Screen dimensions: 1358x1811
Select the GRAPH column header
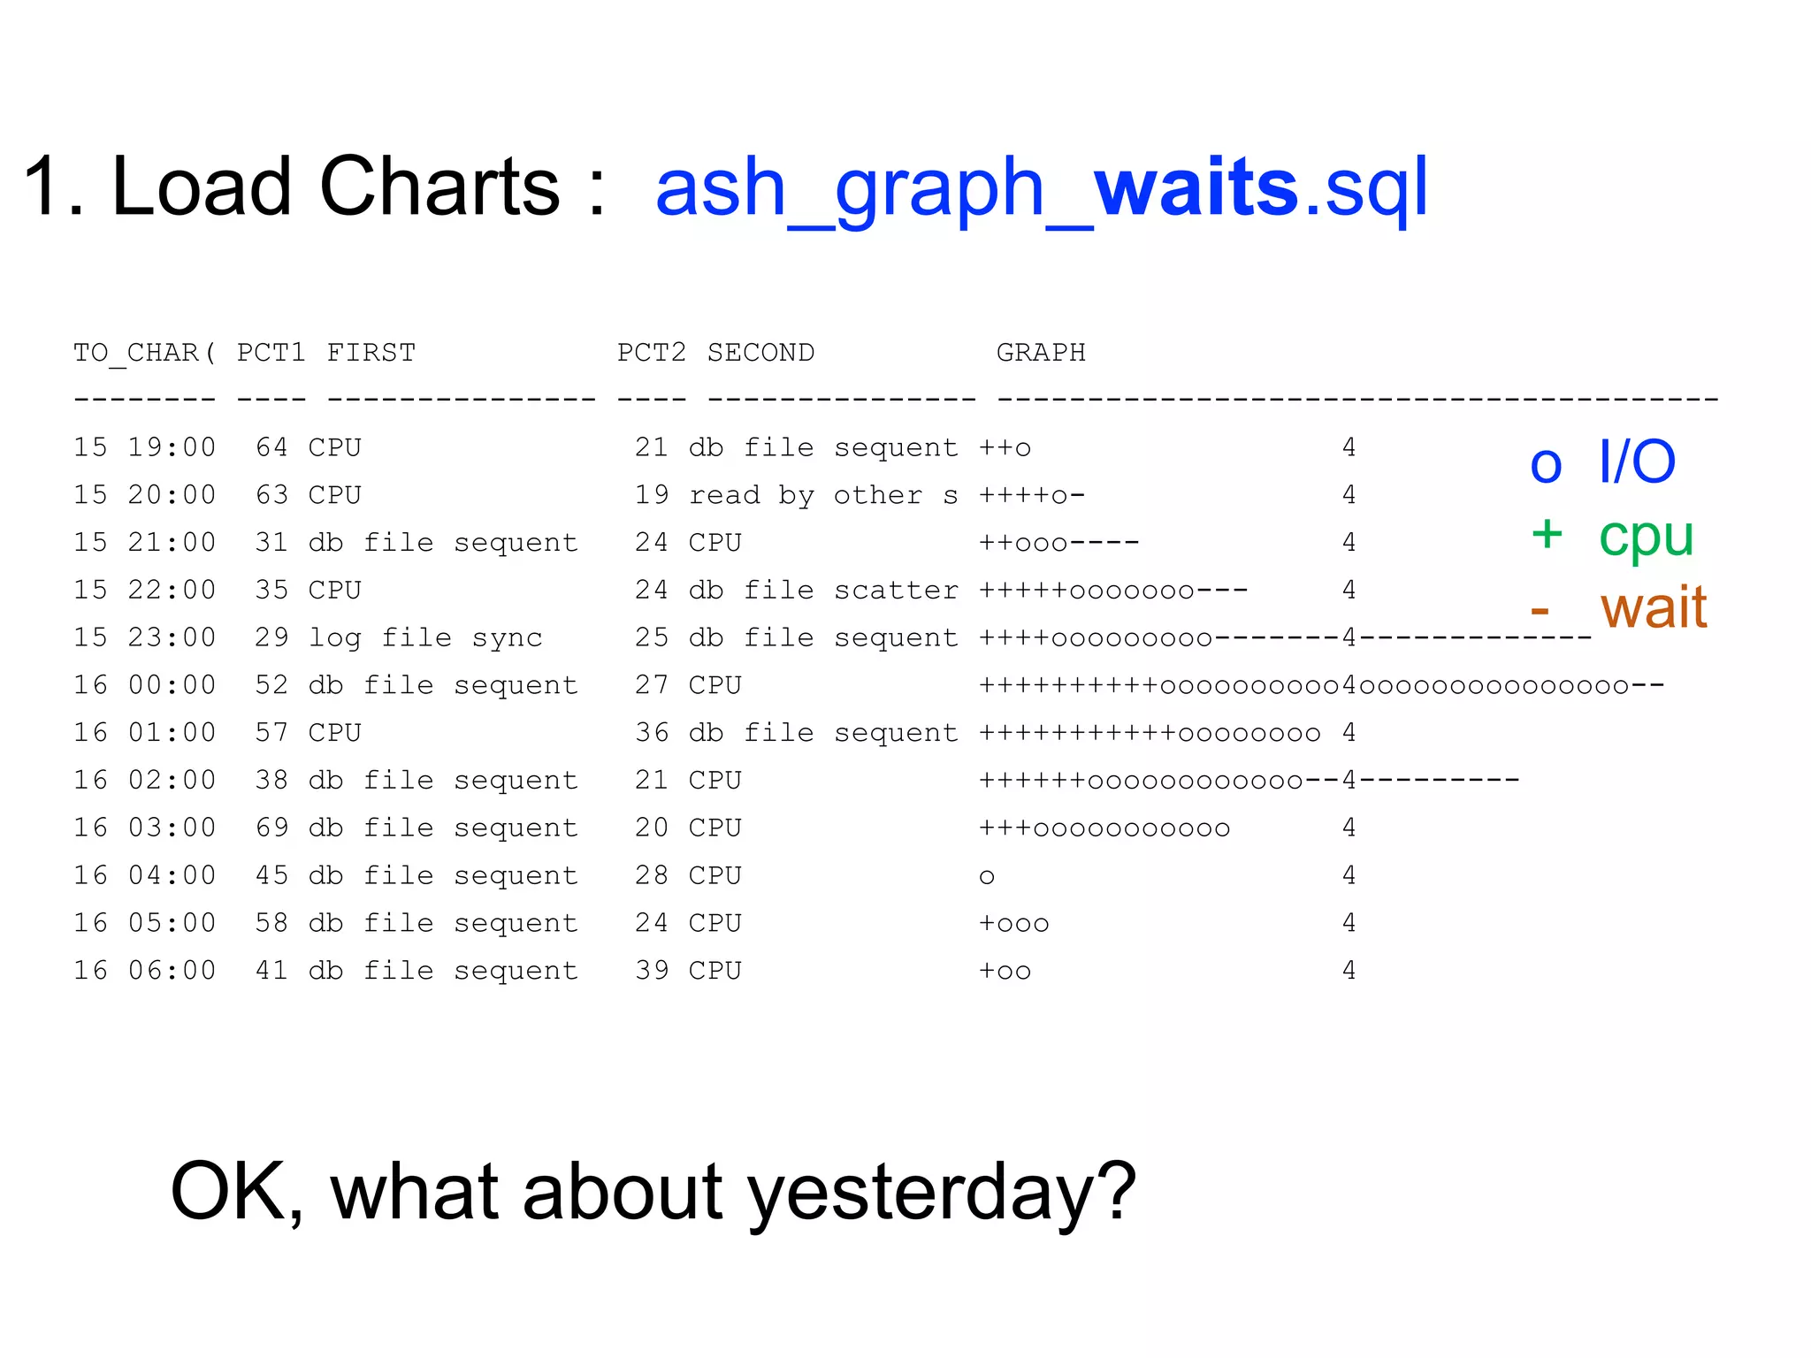click(1041, 353)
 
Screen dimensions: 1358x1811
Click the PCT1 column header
click(271, 353)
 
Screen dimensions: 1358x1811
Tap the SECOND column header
click(760, 353)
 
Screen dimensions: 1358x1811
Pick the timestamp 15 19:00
click(145, 447)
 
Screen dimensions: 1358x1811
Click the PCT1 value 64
click(271, 447)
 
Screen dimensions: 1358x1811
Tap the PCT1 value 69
click(271, 828)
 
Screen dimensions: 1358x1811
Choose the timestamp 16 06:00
click(145, 971)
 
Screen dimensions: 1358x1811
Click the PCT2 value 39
click(652, 971)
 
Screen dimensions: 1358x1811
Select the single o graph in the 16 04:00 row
click(987, 876)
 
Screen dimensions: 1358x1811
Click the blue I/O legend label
click(1637, 462)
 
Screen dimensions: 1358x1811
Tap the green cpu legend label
click(1646, 536)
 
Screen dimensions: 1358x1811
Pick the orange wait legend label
click(1653, 608)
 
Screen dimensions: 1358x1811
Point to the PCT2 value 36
click(652, 733)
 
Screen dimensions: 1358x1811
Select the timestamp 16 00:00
click(145, 685)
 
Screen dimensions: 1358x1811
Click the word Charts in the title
click(439, 187)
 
